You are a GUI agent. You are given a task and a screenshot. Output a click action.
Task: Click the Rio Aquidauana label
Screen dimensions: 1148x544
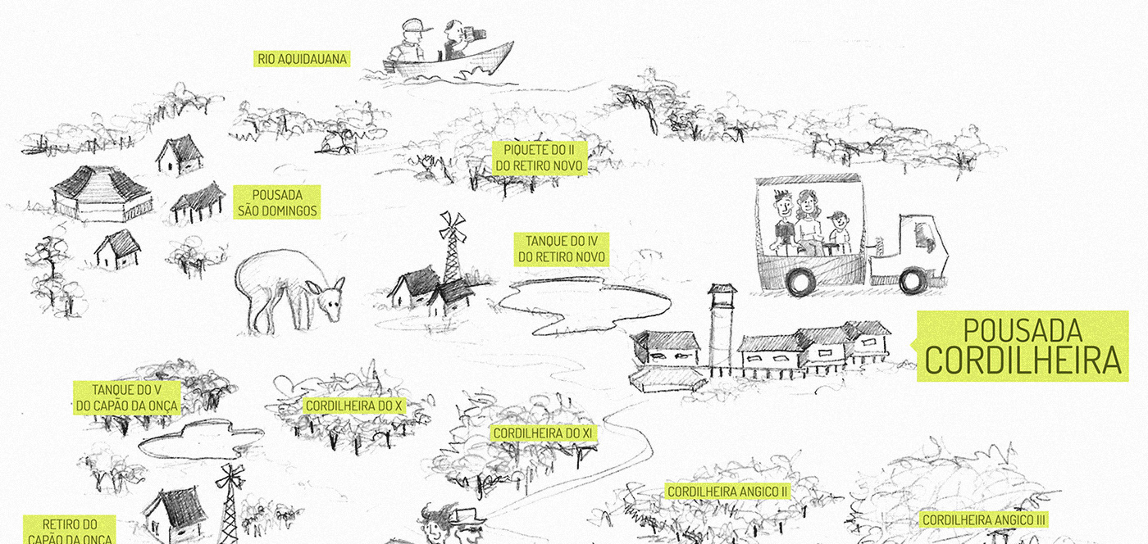point(303,59)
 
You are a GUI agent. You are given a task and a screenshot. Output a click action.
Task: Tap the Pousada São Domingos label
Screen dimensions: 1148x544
point(276,202)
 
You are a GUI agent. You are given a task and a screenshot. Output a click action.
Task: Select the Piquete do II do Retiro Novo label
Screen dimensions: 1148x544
point(539,158)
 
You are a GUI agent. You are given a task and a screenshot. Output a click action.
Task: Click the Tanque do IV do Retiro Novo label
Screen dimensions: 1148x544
point(561,249)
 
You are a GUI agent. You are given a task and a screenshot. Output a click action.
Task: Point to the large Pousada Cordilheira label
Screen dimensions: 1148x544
point(1023,346)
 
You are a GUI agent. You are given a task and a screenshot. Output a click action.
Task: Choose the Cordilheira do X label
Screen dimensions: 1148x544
point(354,406)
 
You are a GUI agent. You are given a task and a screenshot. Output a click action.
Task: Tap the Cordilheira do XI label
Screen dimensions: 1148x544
point(542,433)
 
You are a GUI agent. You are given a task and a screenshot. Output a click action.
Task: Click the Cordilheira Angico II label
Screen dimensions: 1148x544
point(727,492)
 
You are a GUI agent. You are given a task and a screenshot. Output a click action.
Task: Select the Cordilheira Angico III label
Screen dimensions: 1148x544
point(984,519)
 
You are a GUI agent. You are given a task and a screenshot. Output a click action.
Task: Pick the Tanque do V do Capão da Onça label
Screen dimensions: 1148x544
point(125,398)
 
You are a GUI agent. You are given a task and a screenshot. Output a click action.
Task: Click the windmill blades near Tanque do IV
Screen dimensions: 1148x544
point(451,224)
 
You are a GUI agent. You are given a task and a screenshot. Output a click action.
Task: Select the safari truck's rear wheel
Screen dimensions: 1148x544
point(799,281)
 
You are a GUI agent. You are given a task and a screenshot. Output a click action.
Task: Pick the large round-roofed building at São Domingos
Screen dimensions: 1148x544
point(102,193)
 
